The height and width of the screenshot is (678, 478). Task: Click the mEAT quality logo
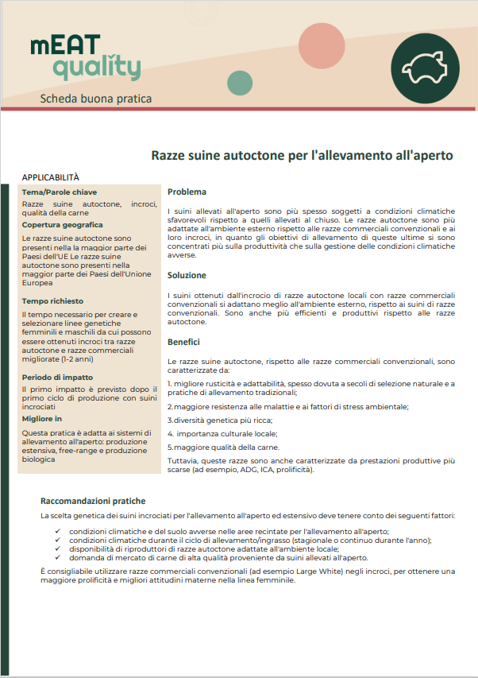coord(85,58)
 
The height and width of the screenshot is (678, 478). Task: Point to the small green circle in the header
coord(239,82)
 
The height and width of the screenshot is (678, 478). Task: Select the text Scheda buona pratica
coord(95,99)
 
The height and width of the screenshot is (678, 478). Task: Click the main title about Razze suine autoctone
coord(303,155)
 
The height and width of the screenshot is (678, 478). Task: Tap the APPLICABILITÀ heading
coord(51,177)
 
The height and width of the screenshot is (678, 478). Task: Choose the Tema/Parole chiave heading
coord(60,192)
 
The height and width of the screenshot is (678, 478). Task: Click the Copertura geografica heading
coord(63,225)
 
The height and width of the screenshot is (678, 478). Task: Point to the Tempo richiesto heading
coord(54,302)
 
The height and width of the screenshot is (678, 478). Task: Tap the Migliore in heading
coord(42,417)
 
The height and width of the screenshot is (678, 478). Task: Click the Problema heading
coord(187,192)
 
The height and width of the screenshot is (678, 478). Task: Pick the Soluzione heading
coord(187,275)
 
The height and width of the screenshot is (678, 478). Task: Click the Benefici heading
coord(183,342)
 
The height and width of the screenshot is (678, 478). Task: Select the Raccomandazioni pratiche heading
coord(93,501)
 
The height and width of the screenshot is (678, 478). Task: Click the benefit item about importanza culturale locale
coord(222,433)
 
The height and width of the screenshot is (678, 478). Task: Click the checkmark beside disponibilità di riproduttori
coord(57,548)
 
